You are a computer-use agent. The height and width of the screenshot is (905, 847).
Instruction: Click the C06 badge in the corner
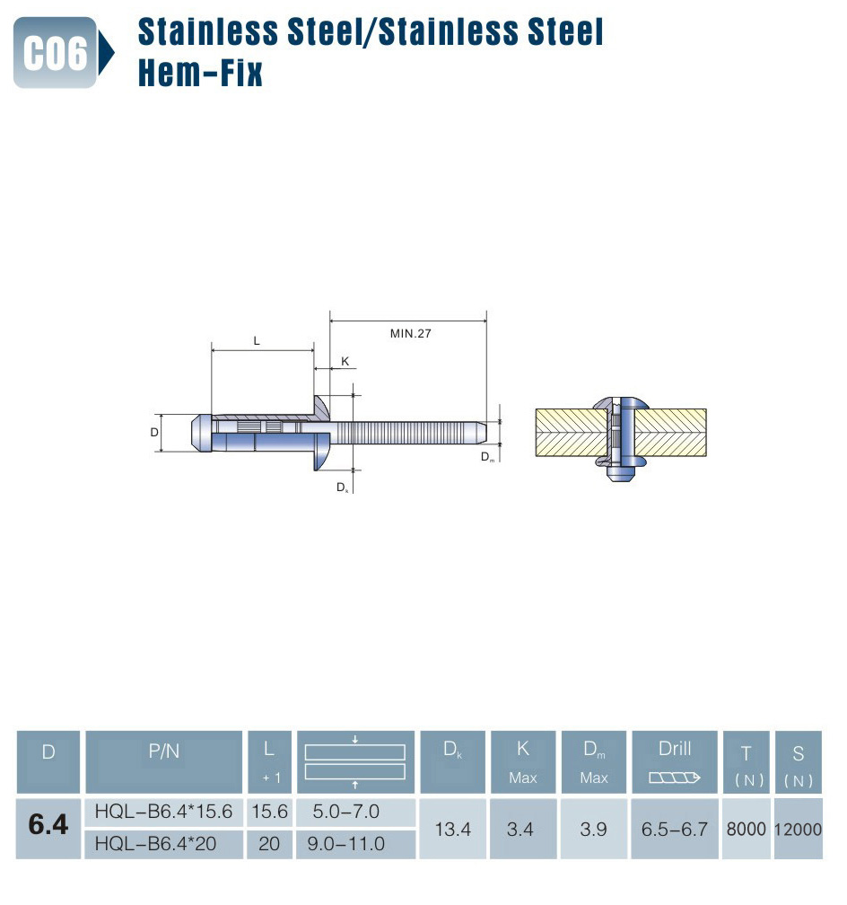point(56,52)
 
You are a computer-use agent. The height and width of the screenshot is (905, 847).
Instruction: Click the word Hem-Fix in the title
point(200,73)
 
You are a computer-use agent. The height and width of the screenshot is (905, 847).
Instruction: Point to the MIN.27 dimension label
point(410,334)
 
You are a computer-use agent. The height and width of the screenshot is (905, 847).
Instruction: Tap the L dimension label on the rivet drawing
point(257,341)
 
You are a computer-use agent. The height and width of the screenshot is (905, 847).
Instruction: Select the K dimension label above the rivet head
point(345,361)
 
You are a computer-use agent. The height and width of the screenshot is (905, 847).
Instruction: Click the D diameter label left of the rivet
point(154,432)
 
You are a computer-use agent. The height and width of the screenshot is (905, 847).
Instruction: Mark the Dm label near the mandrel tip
point(487,456)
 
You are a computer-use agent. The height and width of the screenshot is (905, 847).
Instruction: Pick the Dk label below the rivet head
point(342,488)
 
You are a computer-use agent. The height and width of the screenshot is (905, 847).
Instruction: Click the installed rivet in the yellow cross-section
point(621,439)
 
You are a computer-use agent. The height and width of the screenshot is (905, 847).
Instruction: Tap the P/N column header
point(164,751)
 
